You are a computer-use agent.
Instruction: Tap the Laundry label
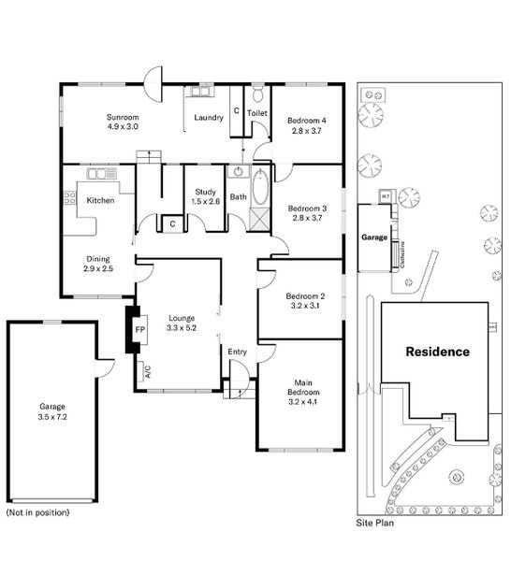pos(207,118)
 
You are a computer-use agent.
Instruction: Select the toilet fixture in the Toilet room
pos(257,93)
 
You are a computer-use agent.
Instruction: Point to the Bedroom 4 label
pos(306,121)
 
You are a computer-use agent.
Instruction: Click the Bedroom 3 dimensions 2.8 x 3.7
pos(306,217)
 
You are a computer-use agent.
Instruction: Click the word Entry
pos(238,352)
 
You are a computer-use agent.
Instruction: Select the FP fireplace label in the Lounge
pos(140,330)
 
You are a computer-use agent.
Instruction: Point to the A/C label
pos(148,370)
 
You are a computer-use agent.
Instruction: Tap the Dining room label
pos(98,259)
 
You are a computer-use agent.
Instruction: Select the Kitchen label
pos(100,200)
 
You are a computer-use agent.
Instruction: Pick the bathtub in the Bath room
pos(260,188)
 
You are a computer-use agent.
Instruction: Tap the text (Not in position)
pos(37,512)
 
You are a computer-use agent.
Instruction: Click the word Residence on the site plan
pos(436,352)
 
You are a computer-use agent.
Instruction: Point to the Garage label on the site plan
pos(374,238)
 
